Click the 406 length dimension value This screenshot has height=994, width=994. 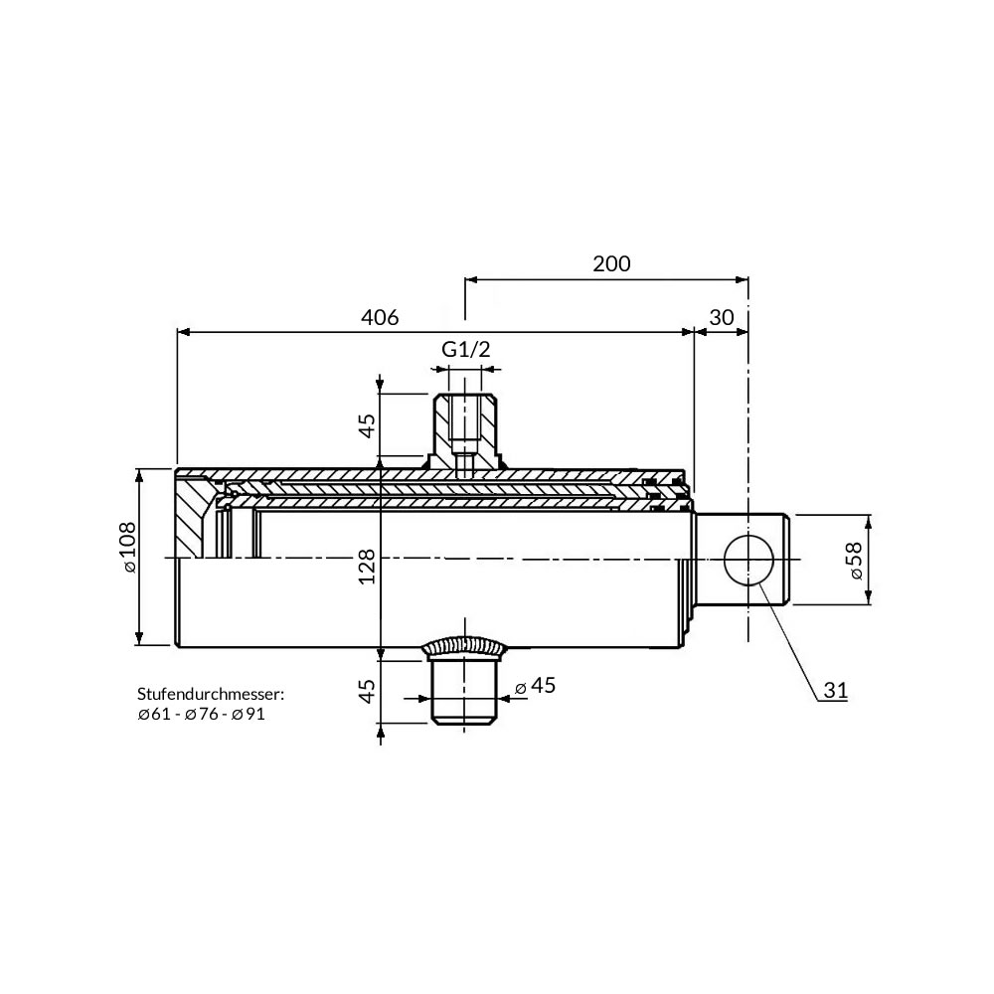[380, 317]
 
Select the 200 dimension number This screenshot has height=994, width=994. [611, 263]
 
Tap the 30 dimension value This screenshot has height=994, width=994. [722, 317]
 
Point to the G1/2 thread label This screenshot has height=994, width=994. [466, 349]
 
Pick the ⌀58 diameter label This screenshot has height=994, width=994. [855, 561]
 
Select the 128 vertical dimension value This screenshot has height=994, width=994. [367, 567]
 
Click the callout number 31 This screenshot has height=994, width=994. [836, 690]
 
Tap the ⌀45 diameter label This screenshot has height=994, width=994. [535, 685]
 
